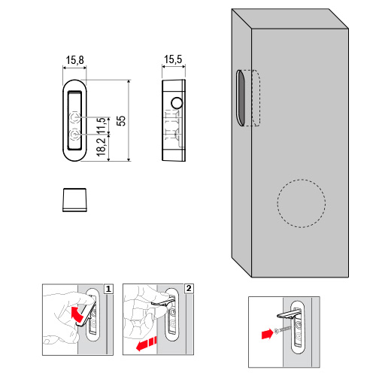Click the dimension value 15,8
pos(74,60)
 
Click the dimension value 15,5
pos(173,59)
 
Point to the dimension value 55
pos(121,121)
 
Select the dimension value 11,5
pos(101,126)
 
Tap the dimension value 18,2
pos(101,147)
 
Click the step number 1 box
pos(108,289)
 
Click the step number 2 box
pos(189,289)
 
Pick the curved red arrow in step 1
pos(77,314)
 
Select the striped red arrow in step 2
pos(147,343)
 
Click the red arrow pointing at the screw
pos(267,334)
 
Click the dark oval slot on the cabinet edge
pos(241,98)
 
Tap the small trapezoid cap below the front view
pos(74,200)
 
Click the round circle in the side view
pos(177,103)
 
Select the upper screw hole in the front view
pos(74,117)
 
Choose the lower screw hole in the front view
pos(74,135)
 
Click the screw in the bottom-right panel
pos(284,329)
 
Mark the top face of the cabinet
pos(290,19)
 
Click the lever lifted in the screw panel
pos(288,314)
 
